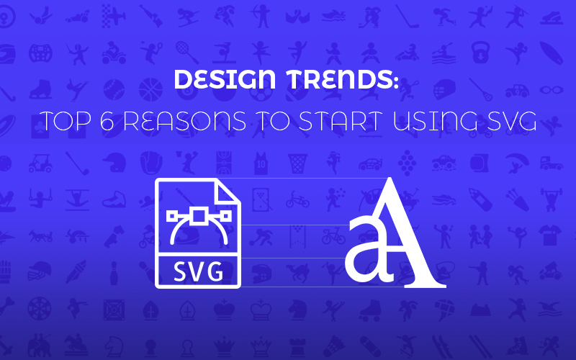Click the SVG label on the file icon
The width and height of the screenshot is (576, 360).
coord(197,273)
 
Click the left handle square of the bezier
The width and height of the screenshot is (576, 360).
coord(171,214)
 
